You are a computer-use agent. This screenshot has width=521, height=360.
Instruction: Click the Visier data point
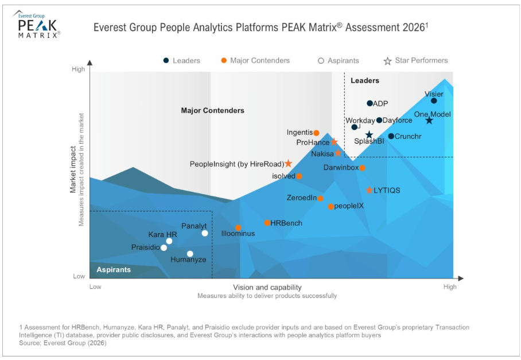coord(434,101)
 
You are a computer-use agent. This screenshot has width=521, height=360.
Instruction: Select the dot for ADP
coord(370,103)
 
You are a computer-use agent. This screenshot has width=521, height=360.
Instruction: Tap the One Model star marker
coord(429,120)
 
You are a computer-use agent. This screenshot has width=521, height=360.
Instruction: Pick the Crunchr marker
coord(391,136)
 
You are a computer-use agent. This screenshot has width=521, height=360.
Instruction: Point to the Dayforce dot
coord(379,120)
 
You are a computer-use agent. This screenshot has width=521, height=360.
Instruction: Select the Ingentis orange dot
coord(316,133)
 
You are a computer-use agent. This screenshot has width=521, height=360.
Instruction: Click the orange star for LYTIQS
coord(369,190)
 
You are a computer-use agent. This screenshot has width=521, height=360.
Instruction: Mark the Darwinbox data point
coord(362,168)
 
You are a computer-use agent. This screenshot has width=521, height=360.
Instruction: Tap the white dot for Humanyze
coord(190,254)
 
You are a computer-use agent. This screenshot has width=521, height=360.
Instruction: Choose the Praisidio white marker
coord(164,247)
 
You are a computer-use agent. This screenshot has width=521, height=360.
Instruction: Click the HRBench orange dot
coord(267,223)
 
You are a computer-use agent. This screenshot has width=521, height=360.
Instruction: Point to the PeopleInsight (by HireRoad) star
coord(289,164)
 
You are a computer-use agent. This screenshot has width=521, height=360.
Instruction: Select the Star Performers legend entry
coord(415,60)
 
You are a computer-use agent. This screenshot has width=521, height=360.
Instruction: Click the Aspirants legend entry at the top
coord(339,60)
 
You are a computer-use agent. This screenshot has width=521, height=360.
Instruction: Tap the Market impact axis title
coord(73,172)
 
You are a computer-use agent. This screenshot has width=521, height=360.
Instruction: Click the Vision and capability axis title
coord(267,287)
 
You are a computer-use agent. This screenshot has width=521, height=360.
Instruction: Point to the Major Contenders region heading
coord(212,110)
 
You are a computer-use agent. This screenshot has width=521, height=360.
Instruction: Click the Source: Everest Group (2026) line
coord(63,343)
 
